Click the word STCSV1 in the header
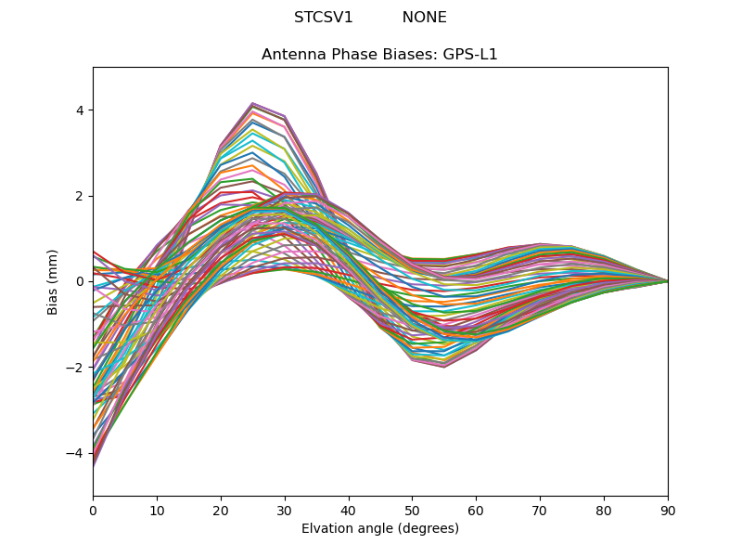click(x=324, y=18)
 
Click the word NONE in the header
click(x=424, y=18)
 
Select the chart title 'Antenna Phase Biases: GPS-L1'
click(x=379, y=55)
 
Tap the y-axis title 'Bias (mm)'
click(x=53, y=281)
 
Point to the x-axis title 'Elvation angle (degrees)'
click(x=379, y=528)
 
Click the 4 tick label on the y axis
click(x=79, y=110)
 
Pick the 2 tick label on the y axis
click(x=79, y=196)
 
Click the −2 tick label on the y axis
click(x=76, y=367)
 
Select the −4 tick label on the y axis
click(x=76, y=452)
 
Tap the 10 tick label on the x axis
click(x=157, y=509)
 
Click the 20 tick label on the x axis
click(x=221, y=509)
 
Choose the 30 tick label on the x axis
click(x=285, y=509)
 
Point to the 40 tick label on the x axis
click(x=349, y=509)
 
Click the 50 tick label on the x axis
click(x=412, y=509)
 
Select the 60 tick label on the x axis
click(x=476, y=509)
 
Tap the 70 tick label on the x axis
click(x=540, y=509)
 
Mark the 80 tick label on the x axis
click(x=604, y=509)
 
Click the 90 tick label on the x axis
click(x=668, y=509)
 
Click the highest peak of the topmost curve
click(x=252, y=103)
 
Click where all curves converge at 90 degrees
click(x=667, y=280)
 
